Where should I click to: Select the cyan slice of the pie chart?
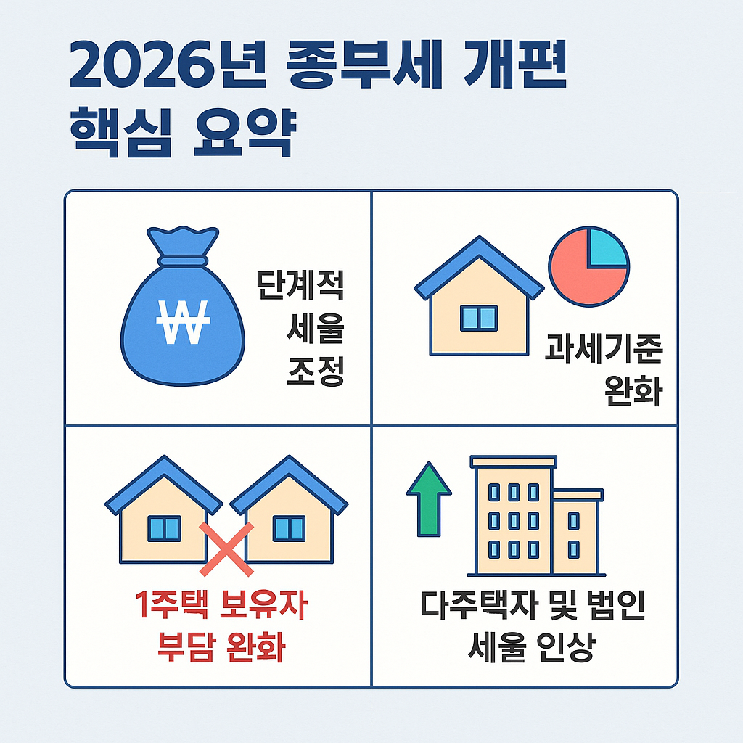607,247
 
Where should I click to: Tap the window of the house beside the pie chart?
479,318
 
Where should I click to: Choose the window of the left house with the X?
164,528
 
